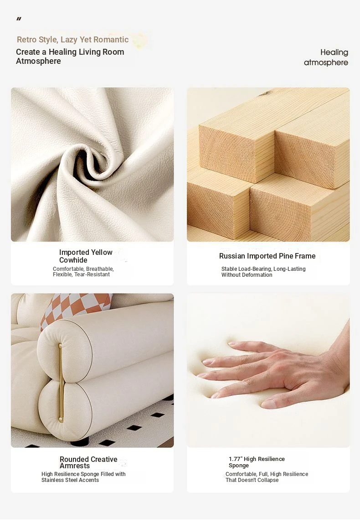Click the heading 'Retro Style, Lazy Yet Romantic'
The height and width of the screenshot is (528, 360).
[x=72, y=39]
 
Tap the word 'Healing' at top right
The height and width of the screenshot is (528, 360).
[x=334, y=52]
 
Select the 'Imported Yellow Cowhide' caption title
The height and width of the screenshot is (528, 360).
[x=86, y=256]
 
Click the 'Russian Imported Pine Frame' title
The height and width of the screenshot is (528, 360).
[x=267, y=256]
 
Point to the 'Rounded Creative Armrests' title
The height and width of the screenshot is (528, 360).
[x=88, y=462]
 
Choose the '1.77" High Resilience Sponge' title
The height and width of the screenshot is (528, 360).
[x=257, y=462]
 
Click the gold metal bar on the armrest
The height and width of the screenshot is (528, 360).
[x=61, y=383]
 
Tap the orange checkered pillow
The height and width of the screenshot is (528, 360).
[x=76, y=309]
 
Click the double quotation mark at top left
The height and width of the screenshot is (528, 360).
[x=19, y=19]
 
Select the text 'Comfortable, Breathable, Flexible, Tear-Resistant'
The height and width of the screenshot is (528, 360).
[x=83, y=272]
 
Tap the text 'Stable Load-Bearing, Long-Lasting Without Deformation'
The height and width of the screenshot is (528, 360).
[x=263, y=272]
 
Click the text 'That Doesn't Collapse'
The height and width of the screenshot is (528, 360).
[x=252, y=480]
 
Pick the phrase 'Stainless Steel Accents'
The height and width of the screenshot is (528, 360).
[x=70, y=480]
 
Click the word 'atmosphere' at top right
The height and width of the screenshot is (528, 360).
[x=326, y=62]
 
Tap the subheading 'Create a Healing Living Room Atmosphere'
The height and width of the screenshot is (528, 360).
[x=70, y=56]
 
